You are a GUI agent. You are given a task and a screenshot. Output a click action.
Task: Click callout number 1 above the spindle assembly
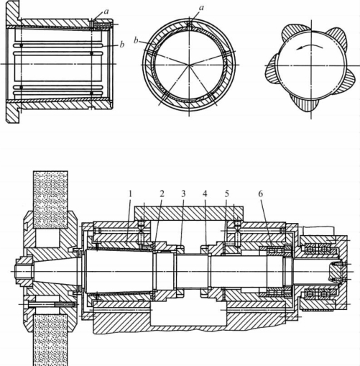[130, 194]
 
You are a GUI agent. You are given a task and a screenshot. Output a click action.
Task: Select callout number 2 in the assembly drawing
[162, 194]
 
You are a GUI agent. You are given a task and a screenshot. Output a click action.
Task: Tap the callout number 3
[183, 194]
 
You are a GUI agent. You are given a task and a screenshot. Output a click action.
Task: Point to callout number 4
[205, 194]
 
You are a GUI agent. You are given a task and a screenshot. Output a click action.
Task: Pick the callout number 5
[227, 194]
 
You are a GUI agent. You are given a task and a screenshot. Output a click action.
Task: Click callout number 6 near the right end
[260, 194]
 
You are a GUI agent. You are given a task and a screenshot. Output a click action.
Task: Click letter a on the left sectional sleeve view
[106, 11]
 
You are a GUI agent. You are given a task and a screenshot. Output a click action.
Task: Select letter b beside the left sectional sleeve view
[122, 45]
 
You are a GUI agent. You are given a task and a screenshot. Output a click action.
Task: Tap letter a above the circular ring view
[201, 8]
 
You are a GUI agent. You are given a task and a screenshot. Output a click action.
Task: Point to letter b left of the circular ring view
[136, 40]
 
